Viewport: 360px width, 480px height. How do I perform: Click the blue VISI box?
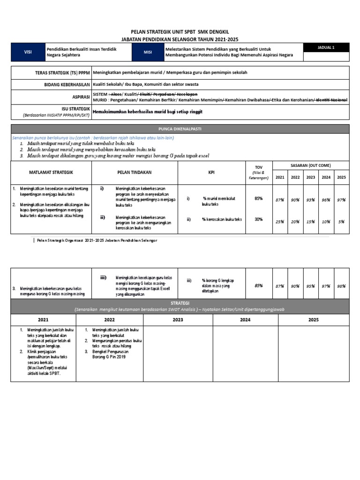(x=28, y=52)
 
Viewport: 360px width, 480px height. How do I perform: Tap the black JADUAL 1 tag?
(x=326, y=47)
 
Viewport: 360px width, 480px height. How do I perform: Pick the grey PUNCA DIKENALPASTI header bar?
(x=180, y=128)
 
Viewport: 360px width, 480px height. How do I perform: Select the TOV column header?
(x=258, y=166)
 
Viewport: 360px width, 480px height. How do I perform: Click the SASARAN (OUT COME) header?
(x=310, y=166)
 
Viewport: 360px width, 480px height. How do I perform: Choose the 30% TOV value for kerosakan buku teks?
(x=258, y=219)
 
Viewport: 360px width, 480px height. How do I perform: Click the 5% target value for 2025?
(x=341, y=221)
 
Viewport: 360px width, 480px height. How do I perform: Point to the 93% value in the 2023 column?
(x=310, y=200)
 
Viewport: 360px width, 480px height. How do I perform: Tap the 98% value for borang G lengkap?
(x=341, y=285)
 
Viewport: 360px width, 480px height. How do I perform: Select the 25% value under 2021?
(x=280, y=221)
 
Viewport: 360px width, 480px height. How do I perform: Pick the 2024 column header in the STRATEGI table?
(x=245, y=320)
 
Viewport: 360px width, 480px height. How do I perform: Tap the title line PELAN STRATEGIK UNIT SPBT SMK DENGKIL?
(x=180, y=31)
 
